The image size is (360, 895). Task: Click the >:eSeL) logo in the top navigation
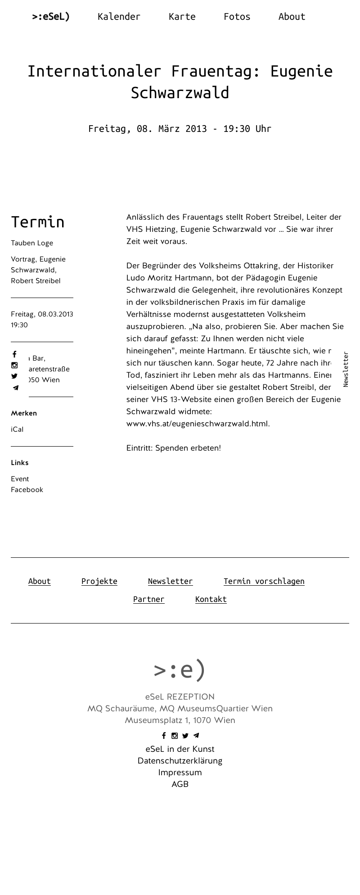click(51, 17)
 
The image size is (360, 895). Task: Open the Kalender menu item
click(119, 17)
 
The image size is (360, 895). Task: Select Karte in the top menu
click(182, 17)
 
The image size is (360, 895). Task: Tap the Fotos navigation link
click(237, 17)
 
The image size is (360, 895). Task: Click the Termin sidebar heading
click(38, 222)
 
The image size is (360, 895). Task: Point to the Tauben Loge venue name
click(32, 243)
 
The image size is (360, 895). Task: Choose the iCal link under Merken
click(17, 429)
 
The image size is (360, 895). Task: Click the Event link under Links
click(20, 479)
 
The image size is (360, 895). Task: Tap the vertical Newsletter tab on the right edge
click(346, 369)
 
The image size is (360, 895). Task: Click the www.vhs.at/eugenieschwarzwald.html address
click(197, 424)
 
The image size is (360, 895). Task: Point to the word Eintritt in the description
click(139, 448)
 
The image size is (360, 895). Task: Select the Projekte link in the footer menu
click(99, 581)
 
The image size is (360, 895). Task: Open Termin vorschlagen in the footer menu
click(264, 581)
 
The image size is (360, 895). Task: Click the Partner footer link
click(148, 599)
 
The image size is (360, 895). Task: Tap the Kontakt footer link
click(211, 599)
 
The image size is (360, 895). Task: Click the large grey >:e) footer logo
click(180, 669)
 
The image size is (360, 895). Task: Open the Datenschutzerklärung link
click(180, 761)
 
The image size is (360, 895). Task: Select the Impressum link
click(180, 773)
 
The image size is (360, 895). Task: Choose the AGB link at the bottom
click(180, 784)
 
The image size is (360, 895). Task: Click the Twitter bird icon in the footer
click(185, 736)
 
